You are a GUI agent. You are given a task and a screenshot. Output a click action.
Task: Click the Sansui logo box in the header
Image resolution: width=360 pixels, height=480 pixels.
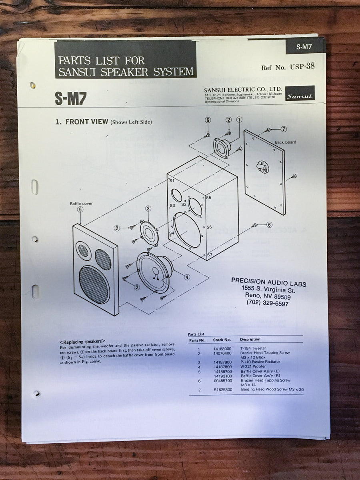point(300,94)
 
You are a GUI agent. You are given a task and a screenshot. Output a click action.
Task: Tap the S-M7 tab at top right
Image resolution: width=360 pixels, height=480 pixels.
point(304,46)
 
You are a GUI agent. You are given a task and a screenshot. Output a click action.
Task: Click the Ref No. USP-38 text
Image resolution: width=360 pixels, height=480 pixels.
point(288,67)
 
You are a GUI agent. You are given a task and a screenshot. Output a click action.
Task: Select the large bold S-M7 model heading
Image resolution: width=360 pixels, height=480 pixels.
point(70,98)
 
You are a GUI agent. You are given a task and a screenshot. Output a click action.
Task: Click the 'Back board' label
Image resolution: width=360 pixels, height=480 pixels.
point(285,142)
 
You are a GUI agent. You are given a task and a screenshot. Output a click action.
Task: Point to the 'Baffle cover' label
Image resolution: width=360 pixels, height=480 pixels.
point(81,203)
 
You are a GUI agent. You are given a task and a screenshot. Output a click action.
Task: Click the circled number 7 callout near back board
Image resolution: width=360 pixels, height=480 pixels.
point(284,129)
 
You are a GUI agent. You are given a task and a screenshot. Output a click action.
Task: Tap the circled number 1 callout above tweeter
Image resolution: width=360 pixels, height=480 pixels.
point(239,119)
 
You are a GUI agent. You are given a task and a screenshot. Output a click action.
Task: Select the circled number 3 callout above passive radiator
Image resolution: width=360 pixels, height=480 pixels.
point(148,208)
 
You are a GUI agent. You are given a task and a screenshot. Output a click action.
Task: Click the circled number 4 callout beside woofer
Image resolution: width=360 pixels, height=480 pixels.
point(187,277)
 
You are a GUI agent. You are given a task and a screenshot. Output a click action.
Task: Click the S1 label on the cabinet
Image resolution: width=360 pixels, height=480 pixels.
point(172,181)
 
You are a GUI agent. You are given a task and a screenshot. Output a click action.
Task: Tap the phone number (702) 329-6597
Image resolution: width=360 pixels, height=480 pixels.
point(267,304)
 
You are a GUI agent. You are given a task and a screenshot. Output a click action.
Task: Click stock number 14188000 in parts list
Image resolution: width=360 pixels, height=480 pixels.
point(222,348)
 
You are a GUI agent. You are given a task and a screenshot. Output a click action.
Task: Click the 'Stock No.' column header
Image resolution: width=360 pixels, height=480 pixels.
point(222,340)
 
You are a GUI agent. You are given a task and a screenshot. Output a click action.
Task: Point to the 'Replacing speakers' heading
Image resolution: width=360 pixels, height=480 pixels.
point(82,342)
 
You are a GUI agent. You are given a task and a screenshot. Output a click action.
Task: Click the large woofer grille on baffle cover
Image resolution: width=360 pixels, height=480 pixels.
point(94,285)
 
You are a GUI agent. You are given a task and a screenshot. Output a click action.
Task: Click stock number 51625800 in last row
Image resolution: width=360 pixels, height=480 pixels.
point(222,389)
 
